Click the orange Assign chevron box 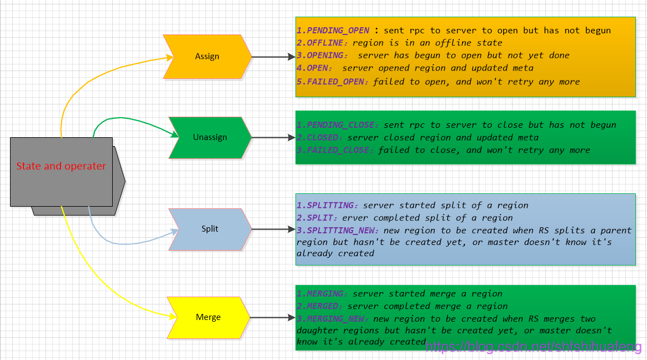click(207, 57)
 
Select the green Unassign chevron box click(210, 137)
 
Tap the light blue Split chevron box click(210, 229)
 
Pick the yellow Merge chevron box click(208, 317)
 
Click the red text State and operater click(61, 166)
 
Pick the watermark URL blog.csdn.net click(534, 347)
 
